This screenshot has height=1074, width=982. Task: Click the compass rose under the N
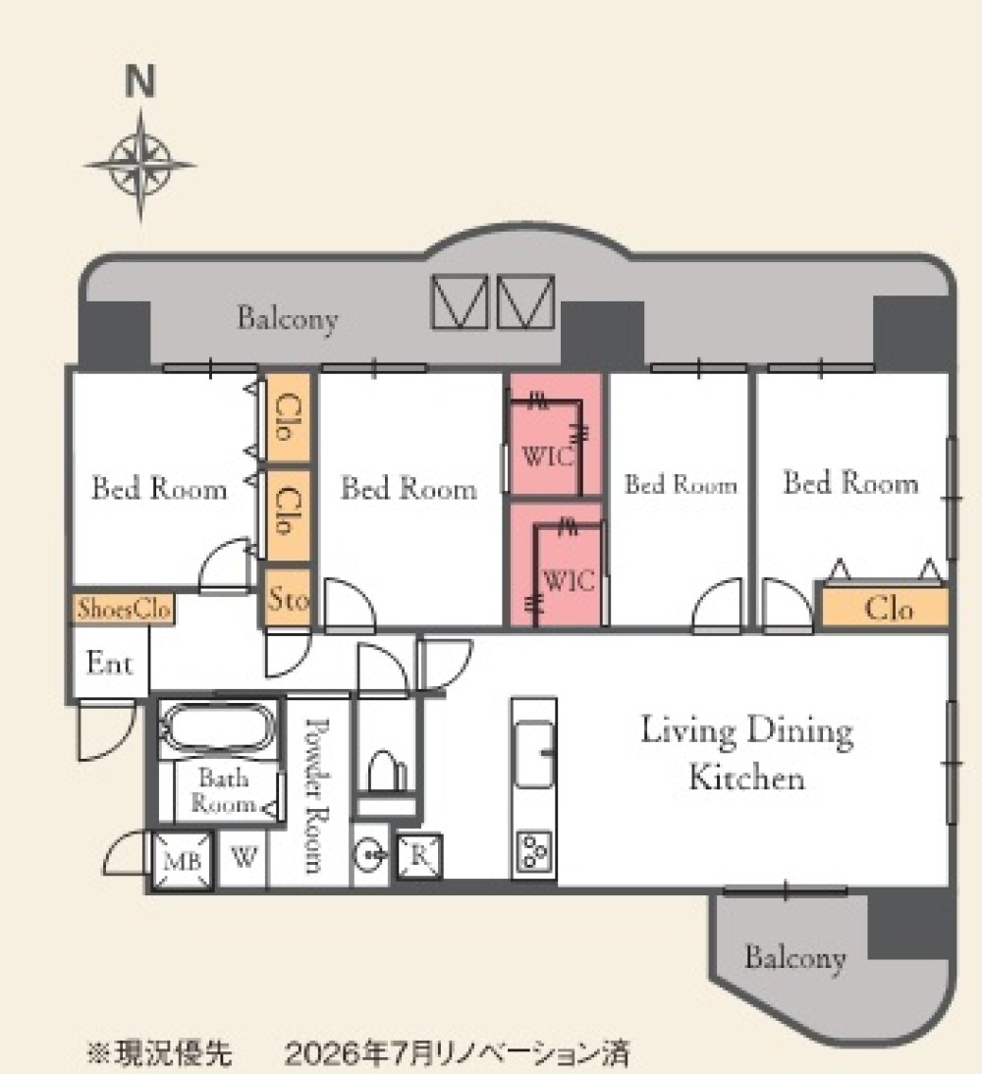pos(140,165)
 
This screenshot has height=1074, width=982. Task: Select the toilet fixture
pos(384,771)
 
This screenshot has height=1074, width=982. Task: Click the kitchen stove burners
pos(534,852)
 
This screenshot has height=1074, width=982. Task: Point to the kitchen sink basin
pos(534,753)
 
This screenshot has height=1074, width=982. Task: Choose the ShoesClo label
pos(124,609)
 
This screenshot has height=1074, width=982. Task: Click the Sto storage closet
pos(288,599)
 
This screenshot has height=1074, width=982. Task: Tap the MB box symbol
pos(183,860)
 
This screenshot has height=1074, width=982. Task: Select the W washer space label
pos(244,856)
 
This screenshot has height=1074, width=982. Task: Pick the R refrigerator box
pos(419,856)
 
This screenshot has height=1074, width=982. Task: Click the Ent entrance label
pos(110,663)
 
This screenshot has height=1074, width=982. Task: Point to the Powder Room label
pos(316,795)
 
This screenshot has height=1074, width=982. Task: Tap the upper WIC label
pos(548,456)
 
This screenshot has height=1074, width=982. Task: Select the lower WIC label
pos(569,581)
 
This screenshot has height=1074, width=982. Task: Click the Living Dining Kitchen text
pos(747,753)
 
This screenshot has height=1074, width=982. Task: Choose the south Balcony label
pos(794,957)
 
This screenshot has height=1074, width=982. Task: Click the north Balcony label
pos(288,319)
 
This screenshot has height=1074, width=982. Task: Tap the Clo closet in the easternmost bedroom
pos(886,608)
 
